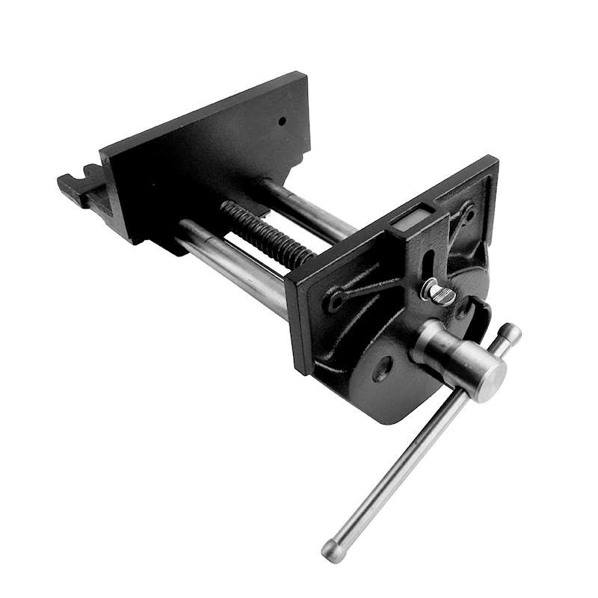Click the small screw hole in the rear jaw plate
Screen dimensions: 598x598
tap(283, 120)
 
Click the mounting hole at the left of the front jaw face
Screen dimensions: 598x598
tap(335, 301)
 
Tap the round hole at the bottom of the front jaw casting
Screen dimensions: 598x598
tap(383, 369)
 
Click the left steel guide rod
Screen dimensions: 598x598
tap(232, 262)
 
